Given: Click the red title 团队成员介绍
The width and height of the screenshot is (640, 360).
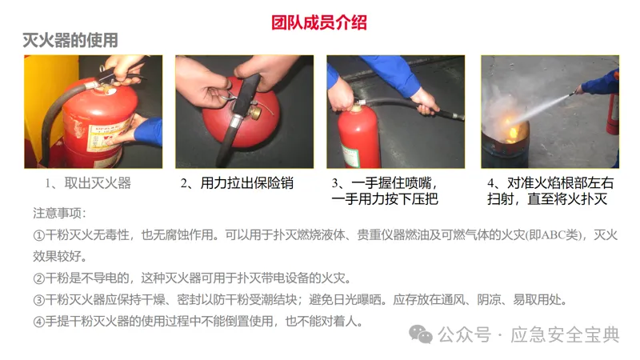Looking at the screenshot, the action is (319, 22).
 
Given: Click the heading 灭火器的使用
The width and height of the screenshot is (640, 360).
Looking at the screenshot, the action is (70, 41).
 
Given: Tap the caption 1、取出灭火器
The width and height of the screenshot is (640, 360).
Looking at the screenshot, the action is (88, 183).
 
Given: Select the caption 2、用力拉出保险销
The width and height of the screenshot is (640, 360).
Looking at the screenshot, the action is (237, 183).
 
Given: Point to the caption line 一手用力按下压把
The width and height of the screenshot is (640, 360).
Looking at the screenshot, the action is (385, 199).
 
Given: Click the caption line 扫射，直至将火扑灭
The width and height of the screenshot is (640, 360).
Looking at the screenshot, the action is (547, 199).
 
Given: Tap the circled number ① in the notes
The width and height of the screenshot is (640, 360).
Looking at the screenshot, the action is (38, 235).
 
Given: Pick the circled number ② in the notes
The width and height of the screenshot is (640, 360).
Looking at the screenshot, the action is (38, 278).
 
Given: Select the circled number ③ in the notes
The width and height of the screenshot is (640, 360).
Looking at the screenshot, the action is (38, 301).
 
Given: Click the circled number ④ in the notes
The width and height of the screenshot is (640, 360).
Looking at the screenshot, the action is (38, 322).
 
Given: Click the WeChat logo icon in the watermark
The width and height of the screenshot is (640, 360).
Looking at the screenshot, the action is (421, 334).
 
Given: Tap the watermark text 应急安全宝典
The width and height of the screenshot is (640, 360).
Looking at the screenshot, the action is (566, 334).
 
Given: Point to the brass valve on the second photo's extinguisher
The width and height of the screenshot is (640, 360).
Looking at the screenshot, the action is (256, 112).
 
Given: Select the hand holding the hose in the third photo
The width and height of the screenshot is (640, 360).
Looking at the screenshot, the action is (425, 102).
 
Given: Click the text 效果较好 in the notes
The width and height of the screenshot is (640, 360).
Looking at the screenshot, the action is (57, 257).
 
